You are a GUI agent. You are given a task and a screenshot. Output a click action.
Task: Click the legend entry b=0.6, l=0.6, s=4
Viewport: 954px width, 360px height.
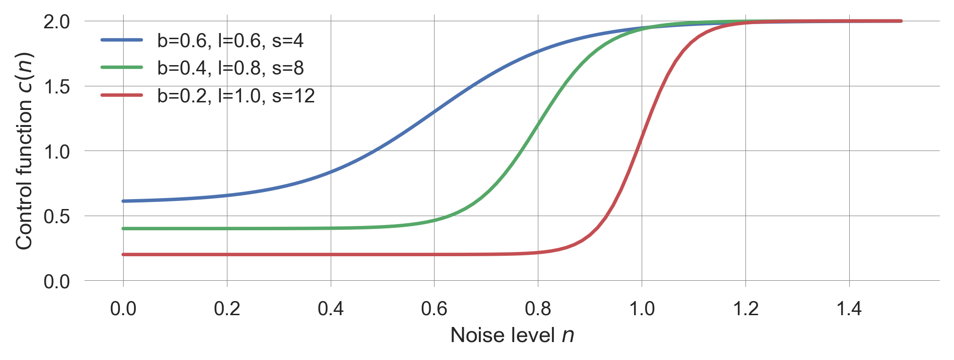(x=230, y=41)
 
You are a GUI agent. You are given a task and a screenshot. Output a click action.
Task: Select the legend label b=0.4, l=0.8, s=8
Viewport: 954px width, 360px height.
(x=230, y=68)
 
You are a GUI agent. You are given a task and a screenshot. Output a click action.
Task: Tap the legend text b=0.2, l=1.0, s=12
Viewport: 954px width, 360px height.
(x=236, y=96)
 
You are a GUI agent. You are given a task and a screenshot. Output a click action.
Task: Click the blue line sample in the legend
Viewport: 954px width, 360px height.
(x=122, y=40)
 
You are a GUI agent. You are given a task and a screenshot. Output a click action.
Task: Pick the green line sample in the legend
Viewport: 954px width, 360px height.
(x=122, y=67)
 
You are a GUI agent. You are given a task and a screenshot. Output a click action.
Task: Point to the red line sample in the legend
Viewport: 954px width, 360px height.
(x=122, y=95)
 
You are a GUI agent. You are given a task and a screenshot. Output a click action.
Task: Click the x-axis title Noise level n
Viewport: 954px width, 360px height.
(x=512, y=335)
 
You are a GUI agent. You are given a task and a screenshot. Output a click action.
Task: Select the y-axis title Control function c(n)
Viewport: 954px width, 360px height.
(x=24, y=151)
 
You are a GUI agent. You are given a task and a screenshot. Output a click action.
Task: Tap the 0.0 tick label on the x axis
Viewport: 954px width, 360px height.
(x=123, y=309)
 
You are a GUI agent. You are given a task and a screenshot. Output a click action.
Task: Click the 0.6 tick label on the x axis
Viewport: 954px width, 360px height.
(x=434, y=309)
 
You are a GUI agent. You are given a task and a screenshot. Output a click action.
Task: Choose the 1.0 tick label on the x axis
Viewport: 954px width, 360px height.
(x=642, y=309)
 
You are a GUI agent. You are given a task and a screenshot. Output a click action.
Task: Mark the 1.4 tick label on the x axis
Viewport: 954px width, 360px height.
(x=849, y=309)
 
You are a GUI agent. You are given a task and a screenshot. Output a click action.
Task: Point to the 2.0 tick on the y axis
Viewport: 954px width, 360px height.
(x=57, y=22)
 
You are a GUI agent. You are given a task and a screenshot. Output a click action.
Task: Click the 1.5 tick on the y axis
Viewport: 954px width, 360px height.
(x=57, y=87)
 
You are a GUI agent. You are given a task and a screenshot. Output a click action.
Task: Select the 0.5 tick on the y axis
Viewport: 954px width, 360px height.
(x=57, y=217)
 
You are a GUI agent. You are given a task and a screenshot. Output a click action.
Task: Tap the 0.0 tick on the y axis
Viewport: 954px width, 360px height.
(x=57, y=282)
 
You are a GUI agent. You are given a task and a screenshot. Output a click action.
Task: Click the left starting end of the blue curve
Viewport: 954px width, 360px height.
(x=124, y=201)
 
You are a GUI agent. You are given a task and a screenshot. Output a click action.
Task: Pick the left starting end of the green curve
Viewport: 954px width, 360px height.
(x=124, y=229)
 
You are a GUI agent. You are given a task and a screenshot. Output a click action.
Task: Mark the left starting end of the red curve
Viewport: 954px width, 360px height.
(x=124, y=255)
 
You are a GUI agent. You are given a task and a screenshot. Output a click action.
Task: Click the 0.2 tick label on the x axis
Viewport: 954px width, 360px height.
(x=227, y=309)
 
